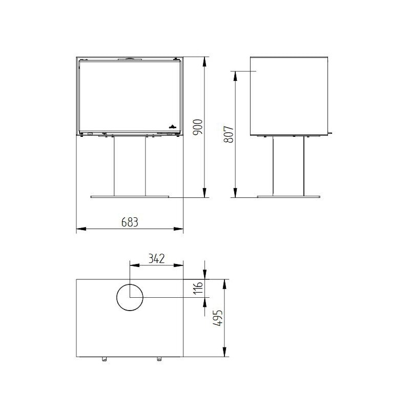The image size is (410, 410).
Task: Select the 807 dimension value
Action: (229, 134)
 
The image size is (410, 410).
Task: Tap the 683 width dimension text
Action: (130, 222)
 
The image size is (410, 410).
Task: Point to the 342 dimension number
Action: (156, 259)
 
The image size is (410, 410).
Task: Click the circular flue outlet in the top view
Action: (130, 298)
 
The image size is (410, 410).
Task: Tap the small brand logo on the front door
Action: (172, 125)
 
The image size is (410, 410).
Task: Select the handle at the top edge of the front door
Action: (130, 59)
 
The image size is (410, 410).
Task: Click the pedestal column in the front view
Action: (130, 166)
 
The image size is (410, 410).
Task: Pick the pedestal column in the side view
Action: (288, 166)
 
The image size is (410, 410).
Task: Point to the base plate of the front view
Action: (130, 196)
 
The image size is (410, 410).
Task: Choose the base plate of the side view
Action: (288, 196)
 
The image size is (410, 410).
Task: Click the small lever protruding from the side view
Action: (330, 133)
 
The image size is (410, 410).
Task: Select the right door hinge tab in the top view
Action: (158, 359)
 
